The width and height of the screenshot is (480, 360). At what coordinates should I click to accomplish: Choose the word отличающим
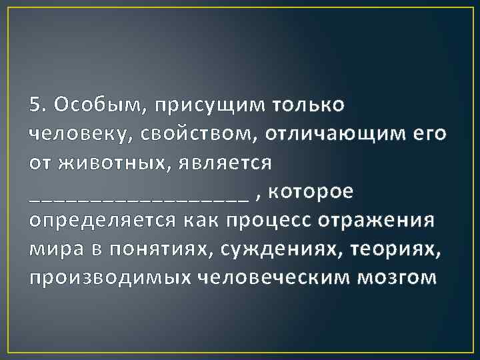click(x=334, y=135)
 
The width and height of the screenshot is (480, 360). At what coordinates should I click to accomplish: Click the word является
click(x=227, y=163)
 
